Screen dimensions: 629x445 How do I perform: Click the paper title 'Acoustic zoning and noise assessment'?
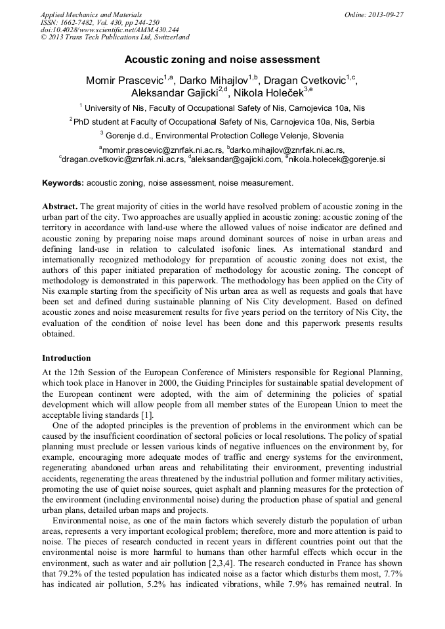coord(222,59)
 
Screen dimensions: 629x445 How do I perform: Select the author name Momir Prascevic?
coord(124,81)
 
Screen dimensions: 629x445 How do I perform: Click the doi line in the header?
coord(110,30)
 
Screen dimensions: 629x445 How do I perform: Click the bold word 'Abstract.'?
coord(60,206)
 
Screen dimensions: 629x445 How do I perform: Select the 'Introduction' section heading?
coord(66,358)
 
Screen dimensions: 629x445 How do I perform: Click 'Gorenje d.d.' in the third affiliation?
coord(131,136)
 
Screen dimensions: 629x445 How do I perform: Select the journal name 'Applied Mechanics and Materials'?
coord(91,14)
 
